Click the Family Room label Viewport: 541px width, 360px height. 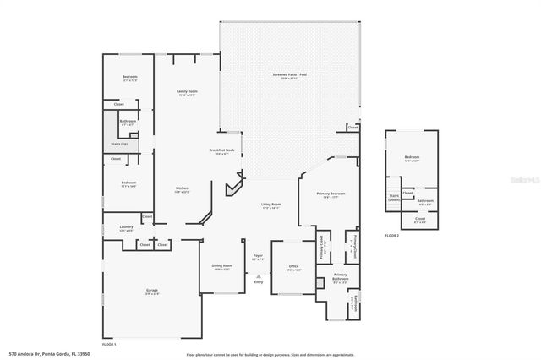pos(187,91)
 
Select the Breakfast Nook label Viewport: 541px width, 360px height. pos(221,150)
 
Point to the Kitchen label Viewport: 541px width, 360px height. pos(182,188)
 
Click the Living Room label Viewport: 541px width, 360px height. pos(270,205)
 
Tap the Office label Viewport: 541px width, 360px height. pos(293,266)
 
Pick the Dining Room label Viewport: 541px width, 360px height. pos(222,266)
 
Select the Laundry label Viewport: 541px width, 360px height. pos(127,227)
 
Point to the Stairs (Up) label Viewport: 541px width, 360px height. pos(120,144)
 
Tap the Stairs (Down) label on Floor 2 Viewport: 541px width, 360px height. pos(394,197)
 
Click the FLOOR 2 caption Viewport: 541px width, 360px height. pos(392,235)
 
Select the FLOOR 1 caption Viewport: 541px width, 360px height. pos(109,345)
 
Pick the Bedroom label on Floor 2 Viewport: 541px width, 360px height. pos(412,158)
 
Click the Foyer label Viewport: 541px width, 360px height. pos(259,256)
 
